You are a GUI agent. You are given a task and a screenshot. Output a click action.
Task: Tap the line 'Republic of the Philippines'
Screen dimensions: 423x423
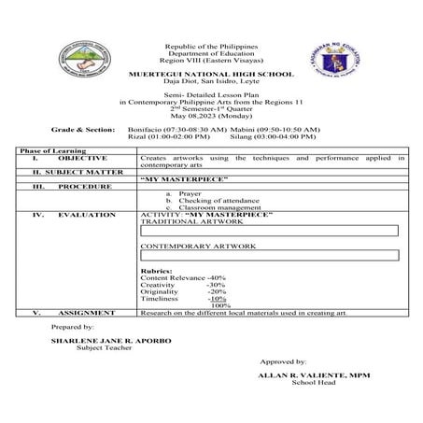tap(210, 46)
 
